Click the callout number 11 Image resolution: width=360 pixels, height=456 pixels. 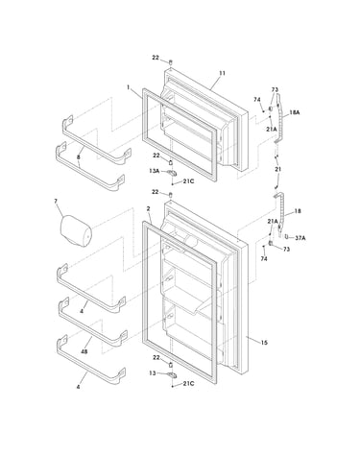(222, 73)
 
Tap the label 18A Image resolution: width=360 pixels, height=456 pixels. (295, 112)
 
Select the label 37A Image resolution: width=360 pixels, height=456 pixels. (300, 238)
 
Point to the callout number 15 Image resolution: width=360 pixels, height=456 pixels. (264, 343)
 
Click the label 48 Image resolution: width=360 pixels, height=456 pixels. (84, 351)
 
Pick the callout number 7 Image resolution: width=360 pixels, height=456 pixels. (56, 201)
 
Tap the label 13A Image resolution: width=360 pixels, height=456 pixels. (154, 171)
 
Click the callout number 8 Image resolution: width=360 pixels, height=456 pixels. (79, 157)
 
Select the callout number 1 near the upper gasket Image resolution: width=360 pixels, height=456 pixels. (129, 86)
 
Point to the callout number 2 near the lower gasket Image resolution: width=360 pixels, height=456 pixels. (148, 208)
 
